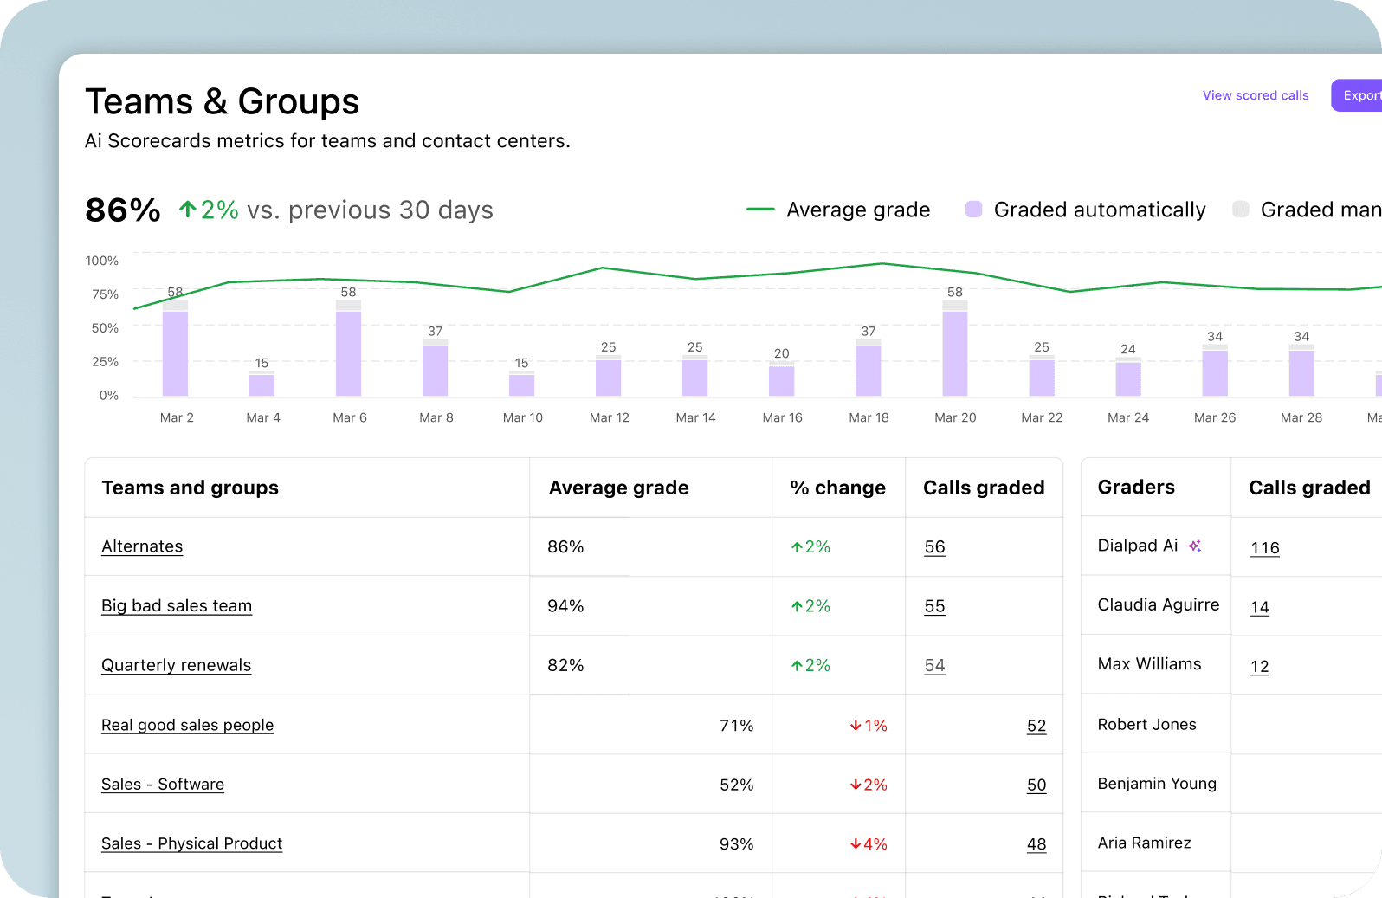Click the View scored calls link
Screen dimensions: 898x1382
1255,95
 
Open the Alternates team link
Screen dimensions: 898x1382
142,546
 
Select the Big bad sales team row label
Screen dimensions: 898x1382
177,606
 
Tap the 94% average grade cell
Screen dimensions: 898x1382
565,606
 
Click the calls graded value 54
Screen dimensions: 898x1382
934,665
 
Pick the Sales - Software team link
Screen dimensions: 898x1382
163,785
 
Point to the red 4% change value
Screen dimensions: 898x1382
869,844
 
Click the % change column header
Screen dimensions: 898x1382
837,488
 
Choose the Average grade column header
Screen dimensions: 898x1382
618,488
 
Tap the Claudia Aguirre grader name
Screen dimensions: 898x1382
1158,604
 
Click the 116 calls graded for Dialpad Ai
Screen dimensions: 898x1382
1264,548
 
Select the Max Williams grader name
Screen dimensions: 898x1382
1149,664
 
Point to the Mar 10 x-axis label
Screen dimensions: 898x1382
523,417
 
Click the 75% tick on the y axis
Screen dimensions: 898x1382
105,294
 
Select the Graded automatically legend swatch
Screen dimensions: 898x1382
974,210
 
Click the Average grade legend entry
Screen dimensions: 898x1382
857,210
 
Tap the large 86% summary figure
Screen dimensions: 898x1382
123,210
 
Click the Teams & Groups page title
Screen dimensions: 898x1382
222,101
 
